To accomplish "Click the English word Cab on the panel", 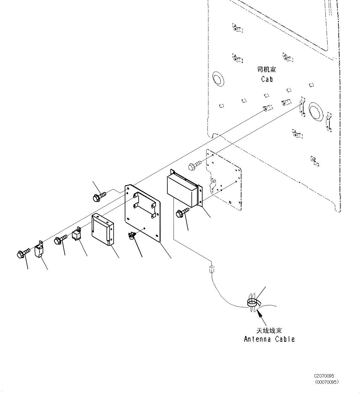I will tap(267, 79).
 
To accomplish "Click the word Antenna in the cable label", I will tap(257, 339).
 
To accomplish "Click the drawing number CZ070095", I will tap(324, 376).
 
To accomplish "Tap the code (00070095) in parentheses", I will tap(327, 382).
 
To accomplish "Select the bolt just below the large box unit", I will tap(182, 212).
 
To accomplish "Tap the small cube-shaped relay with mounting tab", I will tap(77, 234).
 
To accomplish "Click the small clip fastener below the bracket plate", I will tap(132, 236).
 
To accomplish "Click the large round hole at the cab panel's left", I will tap(218, 79).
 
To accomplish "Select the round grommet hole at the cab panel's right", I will tap(315, 110).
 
